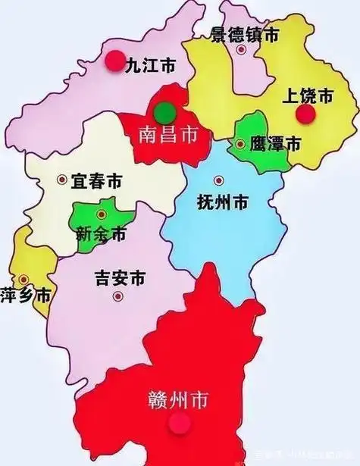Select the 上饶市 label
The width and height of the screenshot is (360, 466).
(307, 96)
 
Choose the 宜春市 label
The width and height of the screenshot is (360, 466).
(96, 181)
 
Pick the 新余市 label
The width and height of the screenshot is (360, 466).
(101, 234)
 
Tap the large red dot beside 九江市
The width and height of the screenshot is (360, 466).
(114, 61)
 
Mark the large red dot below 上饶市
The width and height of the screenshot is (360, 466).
(305, 114)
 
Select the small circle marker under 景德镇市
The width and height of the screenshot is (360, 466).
(241, 50)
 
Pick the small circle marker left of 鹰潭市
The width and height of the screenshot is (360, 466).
(240, 143)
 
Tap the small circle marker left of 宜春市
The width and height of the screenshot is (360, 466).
(62, 180)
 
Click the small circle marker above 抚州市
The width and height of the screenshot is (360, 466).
(219, 180)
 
